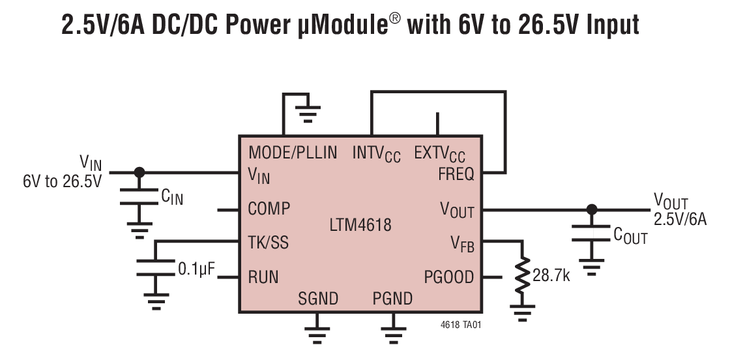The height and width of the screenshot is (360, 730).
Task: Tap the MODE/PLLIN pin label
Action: click(293, 153)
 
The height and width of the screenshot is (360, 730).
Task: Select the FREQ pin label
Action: click(456, 174)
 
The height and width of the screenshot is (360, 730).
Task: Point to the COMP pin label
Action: click(269, 209)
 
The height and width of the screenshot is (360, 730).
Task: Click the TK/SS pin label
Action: click(269, 243)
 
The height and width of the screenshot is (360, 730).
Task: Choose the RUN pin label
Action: click(263, 277)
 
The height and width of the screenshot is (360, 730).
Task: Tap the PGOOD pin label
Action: click(449, 277)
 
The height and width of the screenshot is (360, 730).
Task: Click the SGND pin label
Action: click(318, 299)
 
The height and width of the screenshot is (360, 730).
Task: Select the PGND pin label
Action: click(392, 299)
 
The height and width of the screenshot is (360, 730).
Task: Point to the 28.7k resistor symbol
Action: click(522, 275)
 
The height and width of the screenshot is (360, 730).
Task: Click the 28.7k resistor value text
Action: click(551, 276)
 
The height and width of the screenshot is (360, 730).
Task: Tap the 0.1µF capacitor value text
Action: click(196, 269)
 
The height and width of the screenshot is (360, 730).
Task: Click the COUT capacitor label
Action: click(630, 236)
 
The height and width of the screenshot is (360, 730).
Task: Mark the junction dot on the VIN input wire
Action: click(138, 172)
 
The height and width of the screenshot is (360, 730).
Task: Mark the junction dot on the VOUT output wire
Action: click(591, 209)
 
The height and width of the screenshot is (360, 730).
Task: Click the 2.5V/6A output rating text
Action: click(680, 219)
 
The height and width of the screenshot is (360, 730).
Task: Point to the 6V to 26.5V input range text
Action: click(63, 181)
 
